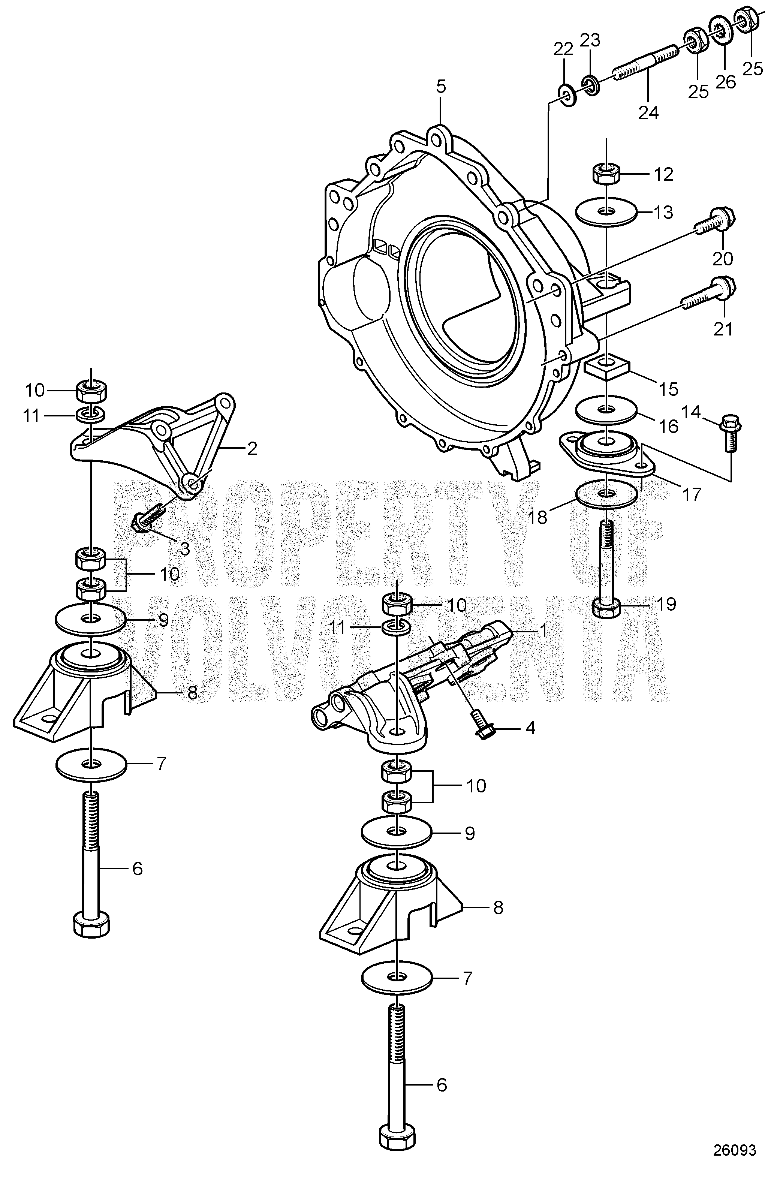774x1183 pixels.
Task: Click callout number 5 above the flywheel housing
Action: tap(441, 87)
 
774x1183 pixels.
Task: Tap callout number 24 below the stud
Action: tap(648, 113)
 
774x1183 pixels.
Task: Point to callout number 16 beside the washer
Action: tap(669, 425)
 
